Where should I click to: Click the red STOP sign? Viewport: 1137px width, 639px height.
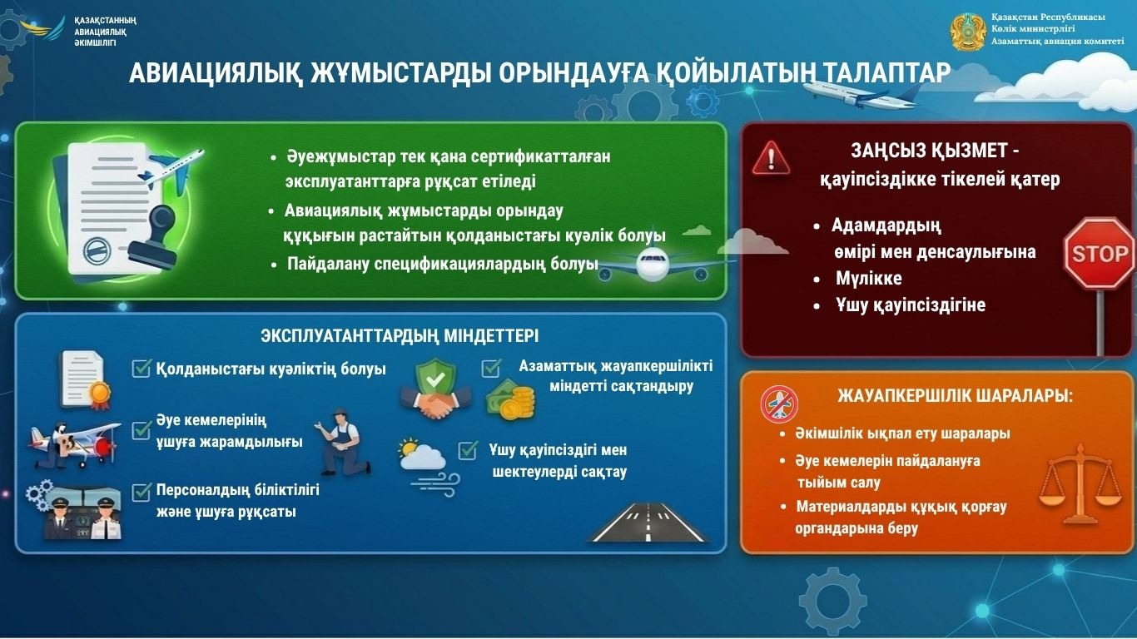(1099, 254)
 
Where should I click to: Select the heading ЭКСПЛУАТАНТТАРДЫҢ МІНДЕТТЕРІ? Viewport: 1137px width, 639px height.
(400, 336)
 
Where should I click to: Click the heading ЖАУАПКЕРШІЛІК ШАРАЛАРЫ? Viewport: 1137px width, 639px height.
(955, 397)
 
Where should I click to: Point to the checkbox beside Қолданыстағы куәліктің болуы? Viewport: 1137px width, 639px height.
(141, 369)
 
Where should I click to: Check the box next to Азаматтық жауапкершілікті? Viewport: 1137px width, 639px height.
(491, 367)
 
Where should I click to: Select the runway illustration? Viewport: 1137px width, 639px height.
(649, 522)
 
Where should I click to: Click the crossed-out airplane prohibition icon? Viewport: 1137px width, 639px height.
(779, 404)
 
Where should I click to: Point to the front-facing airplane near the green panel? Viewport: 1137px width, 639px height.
(653, 265)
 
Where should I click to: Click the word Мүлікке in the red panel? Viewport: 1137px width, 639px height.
(868, 279)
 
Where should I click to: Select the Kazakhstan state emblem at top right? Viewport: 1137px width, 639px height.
(968, 31)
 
